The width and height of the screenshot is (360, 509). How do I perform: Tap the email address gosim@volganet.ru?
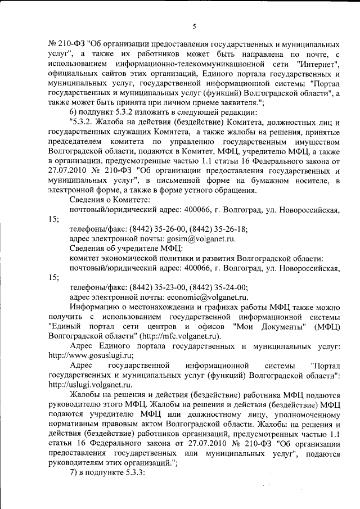[188, 238]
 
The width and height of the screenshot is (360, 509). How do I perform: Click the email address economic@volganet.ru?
[206, 297]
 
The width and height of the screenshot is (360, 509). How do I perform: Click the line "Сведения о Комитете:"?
[110, 200]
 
